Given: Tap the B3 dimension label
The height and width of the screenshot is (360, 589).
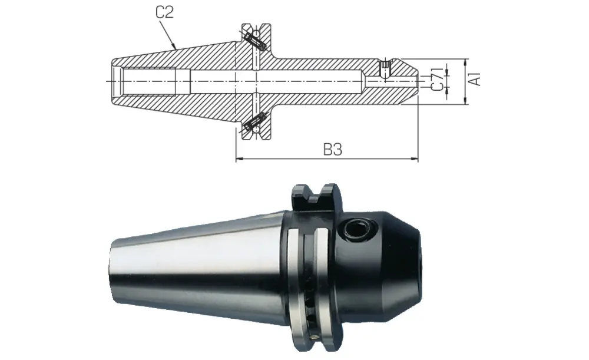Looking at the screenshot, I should pos(333,150).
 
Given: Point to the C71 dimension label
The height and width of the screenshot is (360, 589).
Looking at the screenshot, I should pos(436,79).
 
